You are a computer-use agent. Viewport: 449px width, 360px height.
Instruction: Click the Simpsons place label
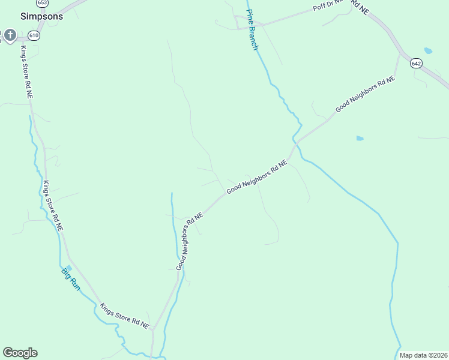[x=41, y=16]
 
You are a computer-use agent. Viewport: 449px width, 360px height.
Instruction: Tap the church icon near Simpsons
[x=10, y=35]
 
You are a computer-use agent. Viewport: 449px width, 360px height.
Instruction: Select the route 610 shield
[x=34, y=36]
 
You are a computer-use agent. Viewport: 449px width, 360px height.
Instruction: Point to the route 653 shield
[x=42, y=3]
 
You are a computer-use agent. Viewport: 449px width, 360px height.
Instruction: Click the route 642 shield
[x=417, y=63]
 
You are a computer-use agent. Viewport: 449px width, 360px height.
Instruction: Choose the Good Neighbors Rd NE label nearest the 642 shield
[x=365, y=95]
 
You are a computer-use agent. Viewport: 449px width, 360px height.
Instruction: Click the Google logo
[x=20, y=353]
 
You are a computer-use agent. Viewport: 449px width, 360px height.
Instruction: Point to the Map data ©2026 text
[x=423, y=355]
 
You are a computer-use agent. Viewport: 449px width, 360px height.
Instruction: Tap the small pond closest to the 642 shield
[x=427, y=50]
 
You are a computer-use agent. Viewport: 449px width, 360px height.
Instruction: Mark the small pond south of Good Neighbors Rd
[x=360, y=138]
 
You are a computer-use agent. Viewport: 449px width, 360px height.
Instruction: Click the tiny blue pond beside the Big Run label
[x=68, y=268]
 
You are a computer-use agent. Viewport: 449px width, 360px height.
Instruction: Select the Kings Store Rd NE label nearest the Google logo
[x=124, y=316]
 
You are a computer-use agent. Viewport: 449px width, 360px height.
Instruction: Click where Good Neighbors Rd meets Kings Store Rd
[x=154, y=329]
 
